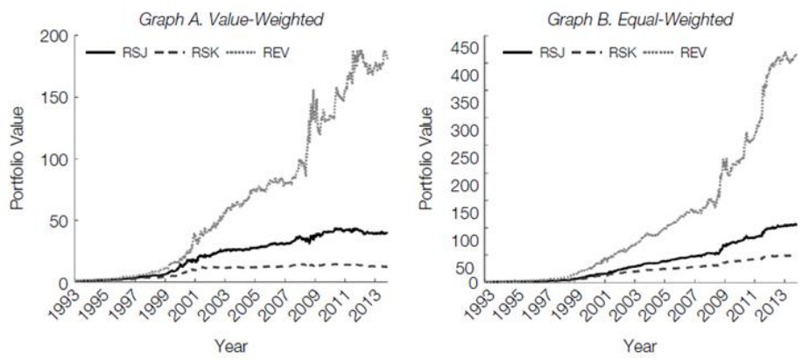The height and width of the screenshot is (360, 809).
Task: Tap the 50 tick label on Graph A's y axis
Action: [x=59, y=220]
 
